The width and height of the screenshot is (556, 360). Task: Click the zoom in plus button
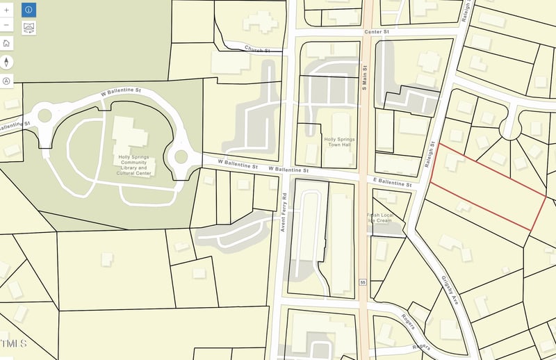(7, 10)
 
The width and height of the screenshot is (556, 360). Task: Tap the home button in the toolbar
(7, 43)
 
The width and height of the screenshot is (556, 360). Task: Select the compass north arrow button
(7, 62)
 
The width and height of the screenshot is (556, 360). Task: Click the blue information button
(28, 10)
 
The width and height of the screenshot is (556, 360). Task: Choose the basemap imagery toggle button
(28, 28)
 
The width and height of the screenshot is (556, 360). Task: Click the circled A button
(7, 81)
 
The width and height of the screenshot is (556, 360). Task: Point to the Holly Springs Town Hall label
(340, 142)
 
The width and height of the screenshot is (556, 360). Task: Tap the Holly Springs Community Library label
(133, 164)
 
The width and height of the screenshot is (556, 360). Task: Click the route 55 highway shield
(363, 282)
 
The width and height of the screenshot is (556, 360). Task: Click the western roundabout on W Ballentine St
(46, 115)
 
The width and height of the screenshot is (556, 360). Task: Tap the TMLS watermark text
(14, 343)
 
